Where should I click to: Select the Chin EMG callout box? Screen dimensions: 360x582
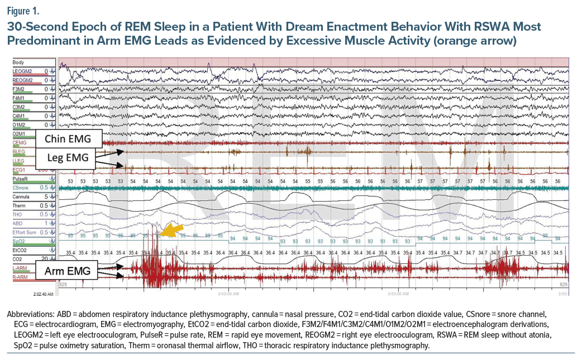coord(69,138)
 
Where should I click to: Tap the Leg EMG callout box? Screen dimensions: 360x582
coord(69,157)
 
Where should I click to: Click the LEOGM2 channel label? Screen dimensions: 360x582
coord(23,71)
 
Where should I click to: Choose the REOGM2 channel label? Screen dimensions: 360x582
coord(23,80)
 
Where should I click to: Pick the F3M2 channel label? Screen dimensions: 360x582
coord(18,89)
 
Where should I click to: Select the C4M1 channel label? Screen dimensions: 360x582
coord(18,116)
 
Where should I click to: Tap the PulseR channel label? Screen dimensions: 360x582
coord(20,180)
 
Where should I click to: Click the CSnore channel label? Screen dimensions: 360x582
coord(21,188)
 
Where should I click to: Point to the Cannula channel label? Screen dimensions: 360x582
coord(21,197)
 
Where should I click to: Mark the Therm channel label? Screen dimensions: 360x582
coord(18,206)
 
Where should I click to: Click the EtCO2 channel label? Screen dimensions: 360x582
coord(20,251)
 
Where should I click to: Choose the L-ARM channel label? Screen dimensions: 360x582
coord(20,268)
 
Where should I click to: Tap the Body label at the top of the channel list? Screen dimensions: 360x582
coord(18,62)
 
